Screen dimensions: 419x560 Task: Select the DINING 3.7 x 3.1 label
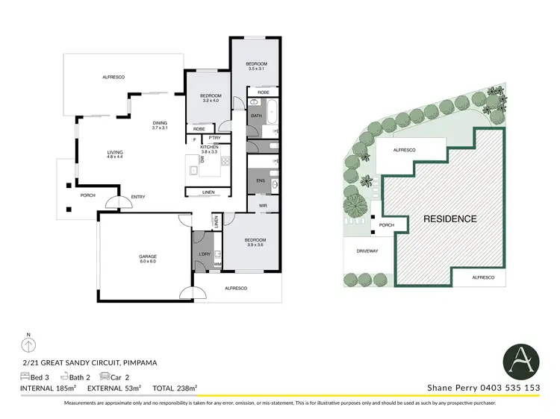click(x=160, y=125)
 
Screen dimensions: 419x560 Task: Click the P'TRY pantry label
click(x=214, y=138)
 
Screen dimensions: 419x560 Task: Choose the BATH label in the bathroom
click(x=256, y=116)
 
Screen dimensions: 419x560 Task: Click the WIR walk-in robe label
click(x=263, y=205)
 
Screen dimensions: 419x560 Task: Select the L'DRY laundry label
click(x=204, y=254)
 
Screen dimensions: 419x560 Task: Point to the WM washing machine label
click(x=217, y=264)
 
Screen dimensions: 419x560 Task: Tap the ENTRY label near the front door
click(x=139, y=197)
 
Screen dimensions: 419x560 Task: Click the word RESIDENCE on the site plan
click(x=450, y=218)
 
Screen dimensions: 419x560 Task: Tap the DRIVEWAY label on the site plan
click(x=367, y=251)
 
